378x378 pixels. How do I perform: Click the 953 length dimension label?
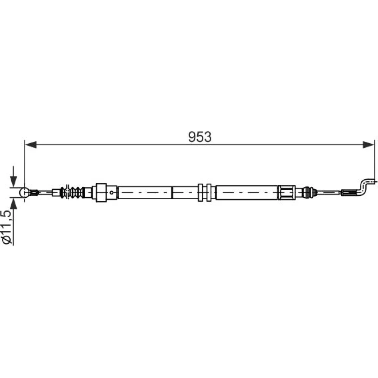point(200,137)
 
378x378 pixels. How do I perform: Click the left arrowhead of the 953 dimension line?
point(31,145)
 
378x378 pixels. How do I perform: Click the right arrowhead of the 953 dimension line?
point(369,145)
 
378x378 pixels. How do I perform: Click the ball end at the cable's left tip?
point(24,192)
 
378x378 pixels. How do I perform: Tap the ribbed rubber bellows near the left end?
point(72,192)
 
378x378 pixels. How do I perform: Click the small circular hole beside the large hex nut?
point(112,192)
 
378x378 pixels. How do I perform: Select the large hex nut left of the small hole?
point(101,192)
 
